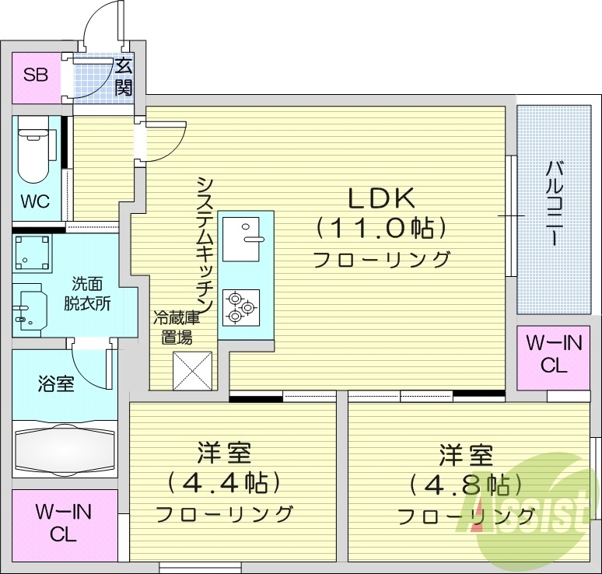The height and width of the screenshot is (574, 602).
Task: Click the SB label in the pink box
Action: pos(36,75)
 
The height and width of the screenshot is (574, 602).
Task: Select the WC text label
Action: pos(35,201)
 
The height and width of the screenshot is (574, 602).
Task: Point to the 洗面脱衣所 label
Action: pos(86,292)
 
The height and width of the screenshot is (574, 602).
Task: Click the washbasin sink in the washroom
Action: pos(30,311)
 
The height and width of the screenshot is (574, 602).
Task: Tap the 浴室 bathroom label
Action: pos(55,383)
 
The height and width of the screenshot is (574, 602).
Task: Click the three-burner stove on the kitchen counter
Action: pos(240,307)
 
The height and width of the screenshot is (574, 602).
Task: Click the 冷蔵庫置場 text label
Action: pos(176,327)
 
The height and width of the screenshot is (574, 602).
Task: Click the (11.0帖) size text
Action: pos(381,229)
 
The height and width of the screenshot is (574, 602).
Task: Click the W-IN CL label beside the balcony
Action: pos(554,355)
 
